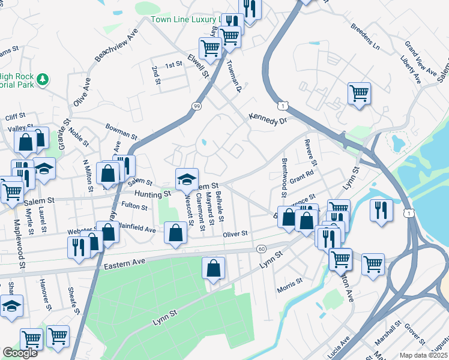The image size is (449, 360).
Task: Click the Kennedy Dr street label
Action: [x=268, y=119]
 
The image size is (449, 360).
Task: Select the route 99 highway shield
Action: [x=196, y=106]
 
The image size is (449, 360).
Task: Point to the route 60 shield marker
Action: [x=261, y=248]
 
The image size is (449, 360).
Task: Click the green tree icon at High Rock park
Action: [x=42, y=79]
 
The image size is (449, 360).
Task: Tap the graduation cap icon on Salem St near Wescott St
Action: [x=187, y=178]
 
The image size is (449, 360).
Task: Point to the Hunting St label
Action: [x=152, y=194]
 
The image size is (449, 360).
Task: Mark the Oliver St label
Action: [x=236, y=233]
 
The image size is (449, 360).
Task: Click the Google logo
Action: [x=20, y=353]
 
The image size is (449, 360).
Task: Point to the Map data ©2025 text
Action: [x=423, y=355]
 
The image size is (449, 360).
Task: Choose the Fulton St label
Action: [x=135, y=206]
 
